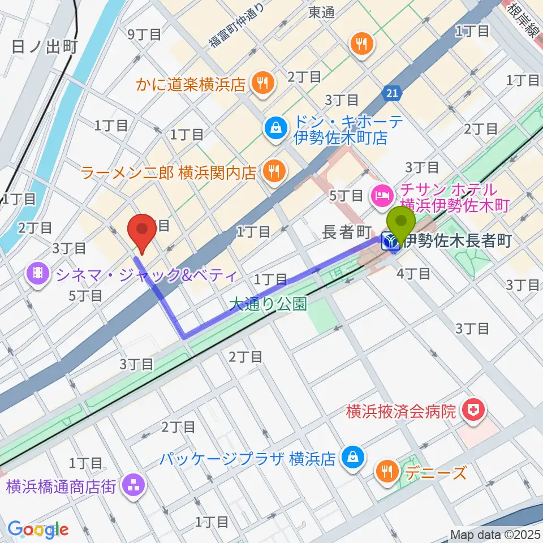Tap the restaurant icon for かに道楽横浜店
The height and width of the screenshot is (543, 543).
[x=263, y=84]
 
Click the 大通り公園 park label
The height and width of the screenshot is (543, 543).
[x=268, y=305]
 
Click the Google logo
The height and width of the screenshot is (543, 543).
[x=38, y=529]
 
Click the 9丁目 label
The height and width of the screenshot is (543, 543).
[x=145, y=34]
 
